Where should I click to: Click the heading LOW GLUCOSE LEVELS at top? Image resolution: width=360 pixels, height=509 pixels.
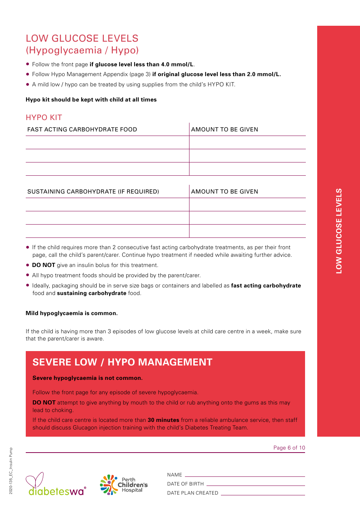(82, 39)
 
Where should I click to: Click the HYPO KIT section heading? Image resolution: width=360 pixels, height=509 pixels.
(44, 117)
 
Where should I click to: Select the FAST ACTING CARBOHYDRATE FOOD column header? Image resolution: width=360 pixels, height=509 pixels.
(82, 130)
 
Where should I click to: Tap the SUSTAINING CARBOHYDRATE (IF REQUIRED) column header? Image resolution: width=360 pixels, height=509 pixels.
(93, 192)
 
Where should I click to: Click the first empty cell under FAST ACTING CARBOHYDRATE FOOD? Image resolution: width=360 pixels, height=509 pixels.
(107, 143)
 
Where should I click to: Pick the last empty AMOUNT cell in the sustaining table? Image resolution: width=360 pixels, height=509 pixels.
(247, 231)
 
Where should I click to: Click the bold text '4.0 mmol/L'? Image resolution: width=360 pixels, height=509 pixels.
(177, 64)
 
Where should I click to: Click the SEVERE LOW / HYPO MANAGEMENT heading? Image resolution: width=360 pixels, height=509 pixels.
(122, 362)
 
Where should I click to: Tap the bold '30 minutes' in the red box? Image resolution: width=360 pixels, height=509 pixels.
(163, 420)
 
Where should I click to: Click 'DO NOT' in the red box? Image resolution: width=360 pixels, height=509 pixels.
(44, 403)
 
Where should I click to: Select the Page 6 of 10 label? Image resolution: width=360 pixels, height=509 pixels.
(289, 448)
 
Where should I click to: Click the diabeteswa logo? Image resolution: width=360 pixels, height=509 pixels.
(56, 485)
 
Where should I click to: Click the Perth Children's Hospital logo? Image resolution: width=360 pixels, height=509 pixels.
(124, 485)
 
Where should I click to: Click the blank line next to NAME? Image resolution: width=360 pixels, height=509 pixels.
(245, 475)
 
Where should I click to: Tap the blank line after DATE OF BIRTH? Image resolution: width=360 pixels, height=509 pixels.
(255, 484)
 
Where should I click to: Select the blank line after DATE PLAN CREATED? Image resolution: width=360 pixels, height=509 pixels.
(263, 493)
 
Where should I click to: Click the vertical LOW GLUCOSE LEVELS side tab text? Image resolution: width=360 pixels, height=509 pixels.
(339, 231)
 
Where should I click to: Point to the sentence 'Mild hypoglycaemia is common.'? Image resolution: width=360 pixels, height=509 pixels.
(72, 313)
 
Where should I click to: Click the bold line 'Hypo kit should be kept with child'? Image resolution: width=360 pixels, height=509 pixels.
(91, 100)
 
